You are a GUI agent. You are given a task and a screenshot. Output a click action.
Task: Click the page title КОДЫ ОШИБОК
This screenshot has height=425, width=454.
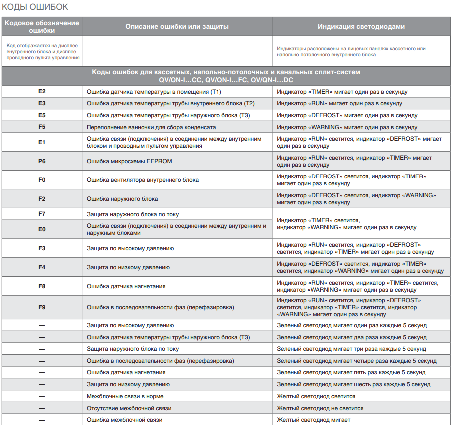pos(35,8)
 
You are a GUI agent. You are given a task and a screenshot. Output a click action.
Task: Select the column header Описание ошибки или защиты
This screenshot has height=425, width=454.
pos(177,26)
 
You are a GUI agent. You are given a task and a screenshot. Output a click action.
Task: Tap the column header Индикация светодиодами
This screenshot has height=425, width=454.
pos(361,26)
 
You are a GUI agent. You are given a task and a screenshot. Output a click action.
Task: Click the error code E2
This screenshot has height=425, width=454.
pos(42,92)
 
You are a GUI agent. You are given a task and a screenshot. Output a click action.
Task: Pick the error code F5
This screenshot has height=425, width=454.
pos(42,127)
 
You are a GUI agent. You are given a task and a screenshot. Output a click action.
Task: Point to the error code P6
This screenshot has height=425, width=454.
pos(42,161)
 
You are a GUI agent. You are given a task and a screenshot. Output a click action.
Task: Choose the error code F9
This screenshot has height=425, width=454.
pos(42,307)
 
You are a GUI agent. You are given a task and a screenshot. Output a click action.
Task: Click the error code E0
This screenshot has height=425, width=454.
pos(42,229)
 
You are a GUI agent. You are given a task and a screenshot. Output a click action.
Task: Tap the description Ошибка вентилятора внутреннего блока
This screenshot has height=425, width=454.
pos(143,180)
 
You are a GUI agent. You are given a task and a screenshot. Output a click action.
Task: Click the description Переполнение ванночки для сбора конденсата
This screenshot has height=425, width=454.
pos(151,127)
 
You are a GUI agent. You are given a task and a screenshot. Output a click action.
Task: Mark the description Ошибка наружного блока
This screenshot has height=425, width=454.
pos(122,199)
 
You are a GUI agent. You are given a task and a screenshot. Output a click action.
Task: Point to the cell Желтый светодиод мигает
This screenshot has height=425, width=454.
pos(314,420)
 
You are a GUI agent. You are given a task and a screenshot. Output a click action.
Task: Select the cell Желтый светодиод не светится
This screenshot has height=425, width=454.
pos(320,408)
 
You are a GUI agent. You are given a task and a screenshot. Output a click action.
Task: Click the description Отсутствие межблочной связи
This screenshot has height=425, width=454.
pos(129,408)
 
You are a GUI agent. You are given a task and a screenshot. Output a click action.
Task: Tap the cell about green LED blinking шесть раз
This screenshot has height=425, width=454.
pos(353,384)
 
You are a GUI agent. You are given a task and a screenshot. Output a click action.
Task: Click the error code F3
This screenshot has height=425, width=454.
pos(42,248)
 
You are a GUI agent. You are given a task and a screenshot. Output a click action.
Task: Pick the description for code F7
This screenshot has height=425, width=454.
pos(133,214)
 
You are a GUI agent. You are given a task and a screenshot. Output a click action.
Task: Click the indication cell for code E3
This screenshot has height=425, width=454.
pos(339,103)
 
